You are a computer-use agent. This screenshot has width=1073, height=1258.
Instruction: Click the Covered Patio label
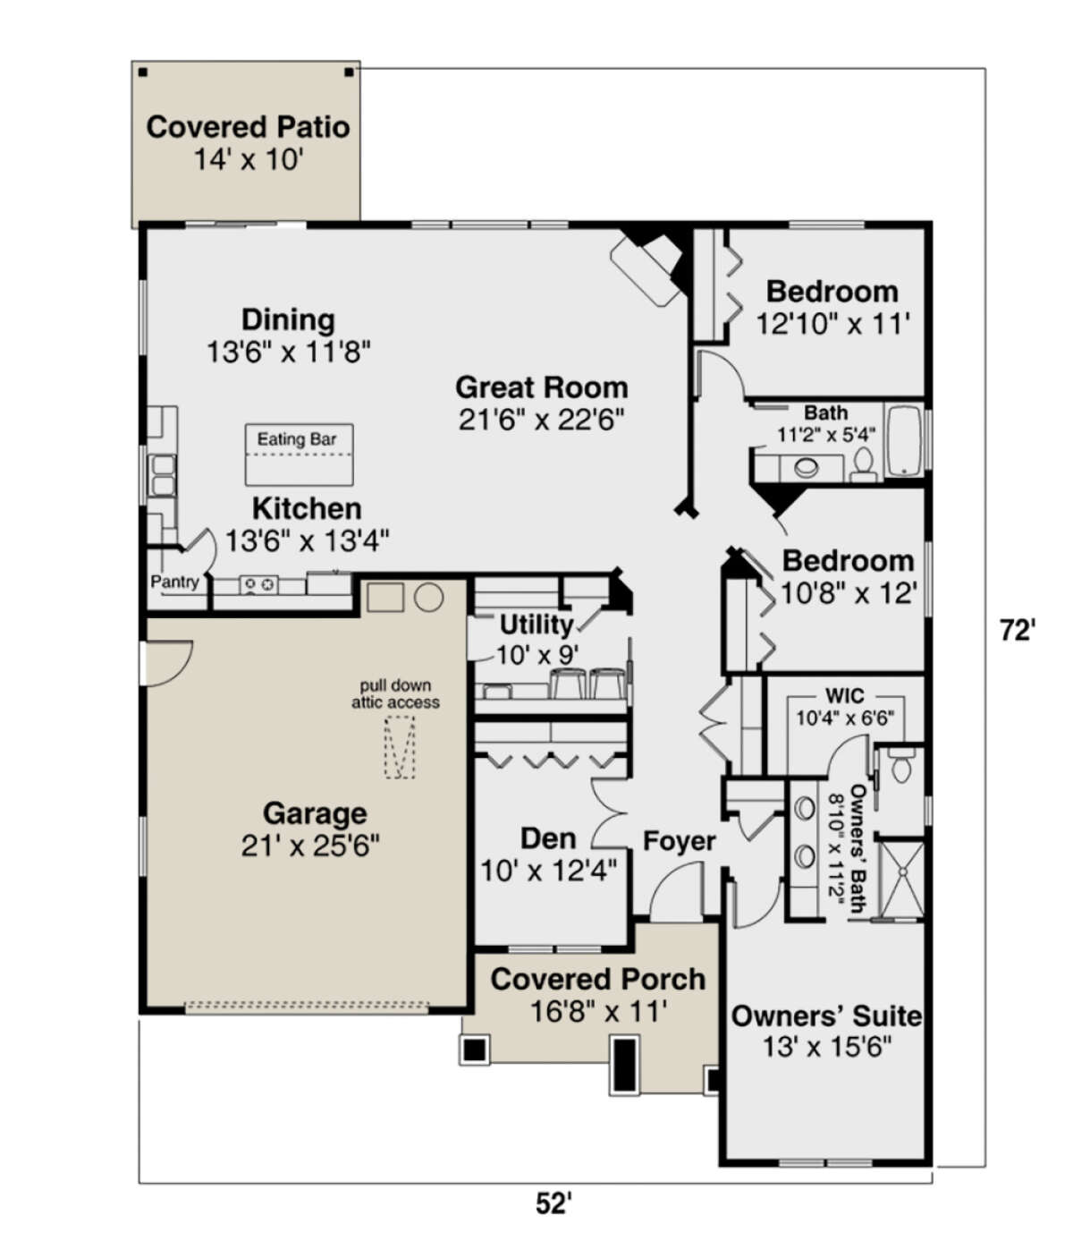pos(249,127)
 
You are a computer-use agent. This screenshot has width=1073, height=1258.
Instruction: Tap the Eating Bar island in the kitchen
pos(300,455)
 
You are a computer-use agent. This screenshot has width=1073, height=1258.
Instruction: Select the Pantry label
pos(174,582)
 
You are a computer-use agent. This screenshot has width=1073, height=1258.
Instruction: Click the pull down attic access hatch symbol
pos(400,747)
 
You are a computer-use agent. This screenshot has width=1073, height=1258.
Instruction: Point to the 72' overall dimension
pos(1017,631)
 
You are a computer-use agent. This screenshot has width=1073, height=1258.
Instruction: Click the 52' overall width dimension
pos(553,1203)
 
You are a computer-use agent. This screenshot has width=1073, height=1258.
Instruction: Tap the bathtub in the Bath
pos(905,440)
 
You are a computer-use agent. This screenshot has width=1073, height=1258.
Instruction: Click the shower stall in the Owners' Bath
pos(902,880)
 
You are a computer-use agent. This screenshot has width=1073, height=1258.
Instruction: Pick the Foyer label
pos(680,841)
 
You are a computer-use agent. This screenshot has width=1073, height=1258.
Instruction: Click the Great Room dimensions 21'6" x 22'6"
pos(541,420)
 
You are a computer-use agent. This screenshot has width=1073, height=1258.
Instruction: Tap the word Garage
pos(315,813)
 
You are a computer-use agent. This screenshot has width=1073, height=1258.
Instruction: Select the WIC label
pos(844,695)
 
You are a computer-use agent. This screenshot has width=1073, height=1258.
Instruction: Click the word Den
pos(548,838)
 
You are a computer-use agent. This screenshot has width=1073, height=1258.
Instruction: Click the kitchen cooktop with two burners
pos(258,585)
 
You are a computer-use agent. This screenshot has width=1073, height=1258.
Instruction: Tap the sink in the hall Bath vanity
pos(807,468)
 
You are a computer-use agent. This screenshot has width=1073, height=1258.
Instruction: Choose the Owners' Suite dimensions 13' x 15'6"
pos(826,1048)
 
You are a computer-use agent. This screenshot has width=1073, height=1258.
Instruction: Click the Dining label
pos(288,320)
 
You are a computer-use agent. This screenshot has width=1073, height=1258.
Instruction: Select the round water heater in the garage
pos(429,597)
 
